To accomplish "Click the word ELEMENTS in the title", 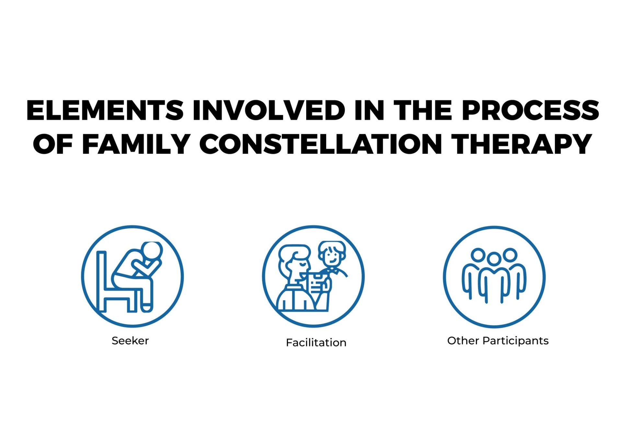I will [x=105, y=110].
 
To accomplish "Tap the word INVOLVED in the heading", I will [x=269, y=110].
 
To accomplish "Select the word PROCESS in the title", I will [x=530, y=110].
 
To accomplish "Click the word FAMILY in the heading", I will [x=136, y=144].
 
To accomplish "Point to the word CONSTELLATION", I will [x=320, y=144].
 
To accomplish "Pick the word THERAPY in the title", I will [x=522, y=144].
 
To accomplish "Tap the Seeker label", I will [x=130, y=341].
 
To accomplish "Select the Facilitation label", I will [x=316, y=343].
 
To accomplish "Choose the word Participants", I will [x=515, y=341].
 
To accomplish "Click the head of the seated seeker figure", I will [x=152, y=251].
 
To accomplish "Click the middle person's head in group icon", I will [x=494, y=259].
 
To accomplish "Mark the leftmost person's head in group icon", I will [x=478, y=255].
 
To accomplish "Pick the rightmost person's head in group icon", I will [x=510, y=255].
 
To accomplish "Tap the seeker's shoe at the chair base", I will [x=147, y=308].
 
